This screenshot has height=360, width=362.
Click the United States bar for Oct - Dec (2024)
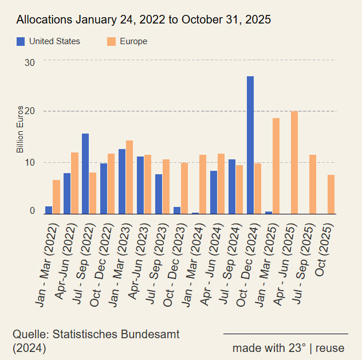point(250,145)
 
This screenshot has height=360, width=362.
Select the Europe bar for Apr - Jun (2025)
point(294,162)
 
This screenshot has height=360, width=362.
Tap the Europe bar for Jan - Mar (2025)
point(276,166)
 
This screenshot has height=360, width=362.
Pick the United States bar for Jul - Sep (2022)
point(85,174)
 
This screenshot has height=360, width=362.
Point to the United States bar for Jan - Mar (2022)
point(49,210)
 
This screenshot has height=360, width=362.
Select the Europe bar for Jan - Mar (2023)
point(129,177)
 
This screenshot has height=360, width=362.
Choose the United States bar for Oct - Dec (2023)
point(177,210)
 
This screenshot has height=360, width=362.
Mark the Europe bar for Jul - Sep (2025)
point(313,184)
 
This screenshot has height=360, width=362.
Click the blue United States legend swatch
point(21,41)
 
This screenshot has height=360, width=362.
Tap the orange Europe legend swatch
point(112,41)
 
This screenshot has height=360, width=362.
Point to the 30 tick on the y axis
point(29,61)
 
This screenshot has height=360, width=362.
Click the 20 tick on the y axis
point(29,111)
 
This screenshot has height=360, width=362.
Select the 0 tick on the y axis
point(32,211)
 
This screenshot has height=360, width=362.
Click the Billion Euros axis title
point(20,130)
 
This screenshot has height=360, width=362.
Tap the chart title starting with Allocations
point(144,20)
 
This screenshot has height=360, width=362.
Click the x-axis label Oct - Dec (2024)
point(244,261)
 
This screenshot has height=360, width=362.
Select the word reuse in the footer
point(330,348)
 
